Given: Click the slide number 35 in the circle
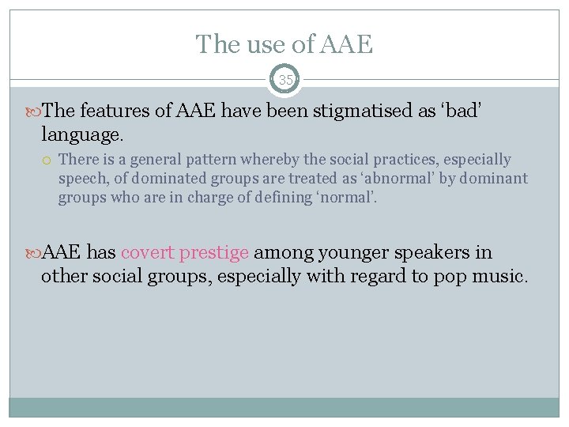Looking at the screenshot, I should [x=284, y=80].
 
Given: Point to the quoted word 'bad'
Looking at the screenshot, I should [x=462, y=111].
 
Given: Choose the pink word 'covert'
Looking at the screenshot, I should [x=148, y=253].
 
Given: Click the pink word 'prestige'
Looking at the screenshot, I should [x=214, y=253].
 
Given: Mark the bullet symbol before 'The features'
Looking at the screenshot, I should [x=32, y=111].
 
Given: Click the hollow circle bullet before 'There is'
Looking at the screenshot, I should [x=47, y=161].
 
